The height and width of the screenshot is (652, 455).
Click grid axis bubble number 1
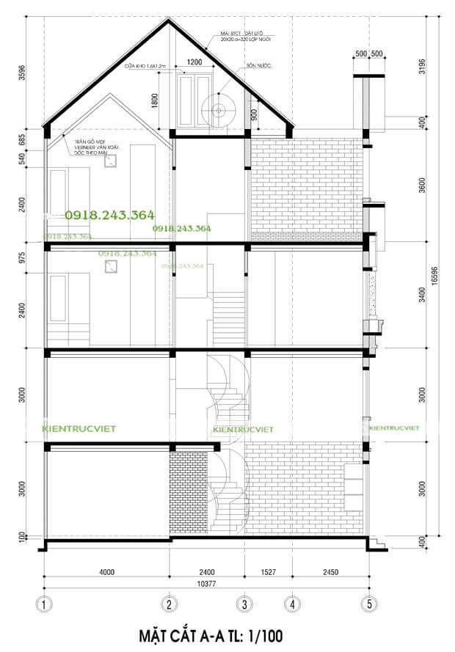(x=44, y=605)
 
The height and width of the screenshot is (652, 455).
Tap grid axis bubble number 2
(x=170, y=605)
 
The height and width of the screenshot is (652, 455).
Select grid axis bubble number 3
(x=244, y=605)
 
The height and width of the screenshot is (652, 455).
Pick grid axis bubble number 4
(x=292, y=605)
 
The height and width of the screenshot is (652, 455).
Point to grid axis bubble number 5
(x=368, y=605)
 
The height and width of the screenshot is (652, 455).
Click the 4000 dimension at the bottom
(x=107, y=572)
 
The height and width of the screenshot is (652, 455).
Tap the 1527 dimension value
(x=268, y=572)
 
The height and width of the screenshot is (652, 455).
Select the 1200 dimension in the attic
(x=194, y=63)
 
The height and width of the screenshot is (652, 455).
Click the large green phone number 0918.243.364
(x=109, y=215)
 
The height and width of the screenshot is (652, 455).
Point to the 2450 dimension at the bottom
(x=330, y=572)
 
